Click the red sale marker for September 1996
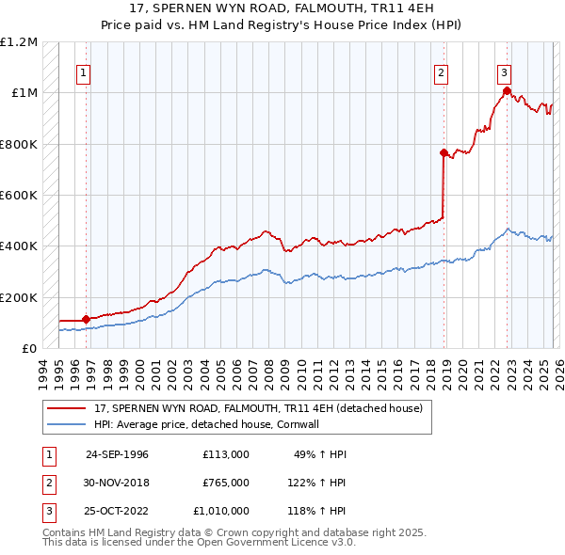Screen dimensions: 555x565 [86, 320]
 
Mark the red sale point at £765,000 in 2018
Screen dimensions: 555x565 [443, 152]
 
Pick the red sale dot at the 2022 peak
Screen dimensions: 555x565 [506, 90]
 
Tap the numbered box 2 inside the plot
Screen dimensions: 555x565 [441, 72]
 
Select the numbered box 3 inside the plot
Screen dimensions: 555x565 [505, 72]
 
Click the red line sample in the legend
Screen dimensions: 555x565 [68, 408]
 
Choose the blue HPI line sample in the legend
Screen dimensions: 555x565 [68, 424]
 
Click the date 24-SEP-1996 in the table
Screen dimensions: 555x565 [117, 454]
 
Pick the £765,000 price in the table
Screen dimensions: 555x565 [226, 483]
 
